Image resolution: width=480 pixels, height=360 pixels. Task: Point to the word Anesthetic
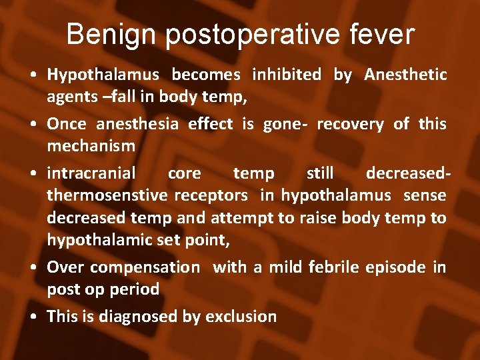(405, 75)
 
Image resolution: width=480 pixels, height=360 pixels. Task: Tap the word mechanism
(91, 145)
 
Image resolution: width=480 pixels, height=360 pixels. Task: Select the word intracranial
(91, 173)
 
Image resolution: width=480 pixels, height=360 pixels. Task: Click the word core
(184, 173)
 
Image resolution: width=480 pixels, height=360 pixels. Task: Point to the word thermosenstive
(107, 195)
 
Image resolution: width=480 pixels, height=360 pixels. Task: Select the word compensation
(145, 268)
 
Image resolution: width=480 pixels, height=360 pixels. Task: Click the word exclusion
(241, 316)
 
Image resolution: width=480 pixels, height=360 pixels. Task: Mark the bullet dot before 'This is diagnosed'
(33, 317)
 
